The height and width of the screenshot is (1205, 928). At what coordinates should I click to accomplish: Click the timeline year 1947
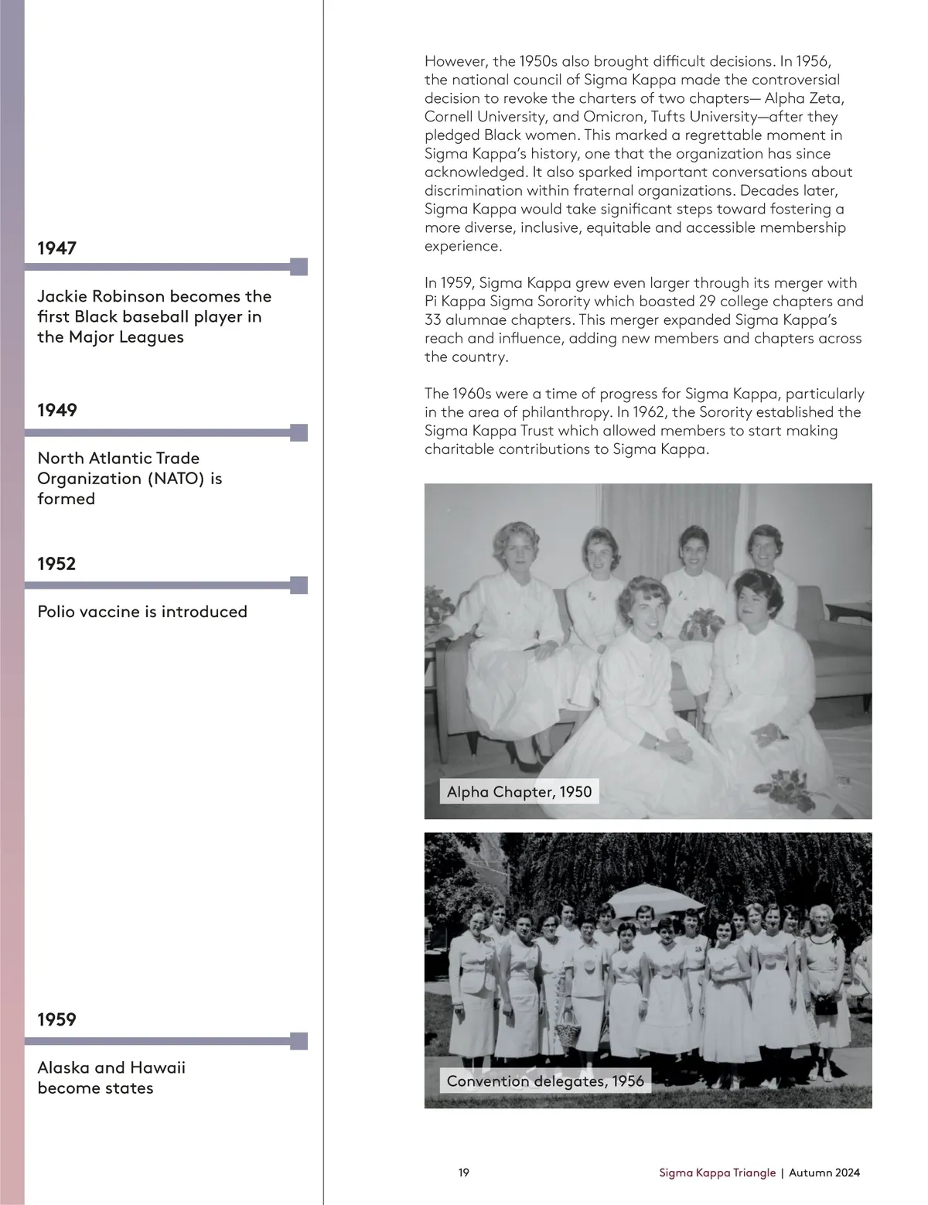coord(57,248)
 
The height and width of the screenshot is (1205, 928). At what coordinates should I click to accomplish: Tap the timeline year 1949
coord(57,410)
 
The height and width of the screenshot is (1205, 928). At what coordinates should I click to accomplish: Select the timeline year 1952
coord(57,564)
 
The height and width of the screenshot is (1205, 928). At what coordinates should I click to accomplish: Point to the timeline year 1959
coord(57,1020)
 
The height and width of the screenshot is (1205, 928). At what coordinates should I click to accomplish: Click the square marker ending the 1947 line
coord(299,267)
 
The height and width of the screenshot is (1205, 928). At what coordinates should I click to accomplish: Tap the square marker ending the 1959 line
coord(299,1041)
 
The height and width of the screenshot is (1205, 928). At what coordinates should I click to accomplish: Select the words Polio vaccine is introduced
coord(142,612)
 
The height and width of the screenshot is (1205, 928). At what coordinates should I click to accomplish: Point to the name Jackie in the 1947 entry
coord(63,296)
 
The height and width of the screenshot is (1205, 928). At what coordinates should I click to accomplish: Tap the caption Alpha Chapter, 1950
coord(519,792)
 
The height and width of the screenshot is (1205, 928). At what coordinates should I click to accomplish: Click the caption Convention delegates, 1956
coord(545,1081)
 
